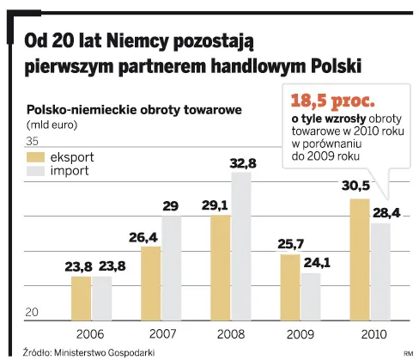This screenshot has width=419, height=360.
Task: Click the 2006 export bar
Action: point(81,297)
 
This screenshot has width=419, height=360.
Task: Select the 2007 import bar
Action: point(172,266)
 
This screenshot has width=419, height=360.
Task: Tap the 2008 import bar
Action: point(241,245)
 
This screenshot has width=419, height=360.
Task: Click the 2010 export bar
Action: point(359,259)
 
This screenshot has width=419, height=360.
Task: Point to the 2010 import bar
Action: point(380,271)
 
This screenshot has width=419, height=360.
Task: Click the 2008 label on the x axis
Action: point(230,333)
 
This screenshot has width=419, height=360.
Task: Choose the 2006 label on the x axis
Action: point(91,333)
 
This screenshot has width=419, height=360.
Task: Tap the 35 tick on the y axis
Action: point(33,142)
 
